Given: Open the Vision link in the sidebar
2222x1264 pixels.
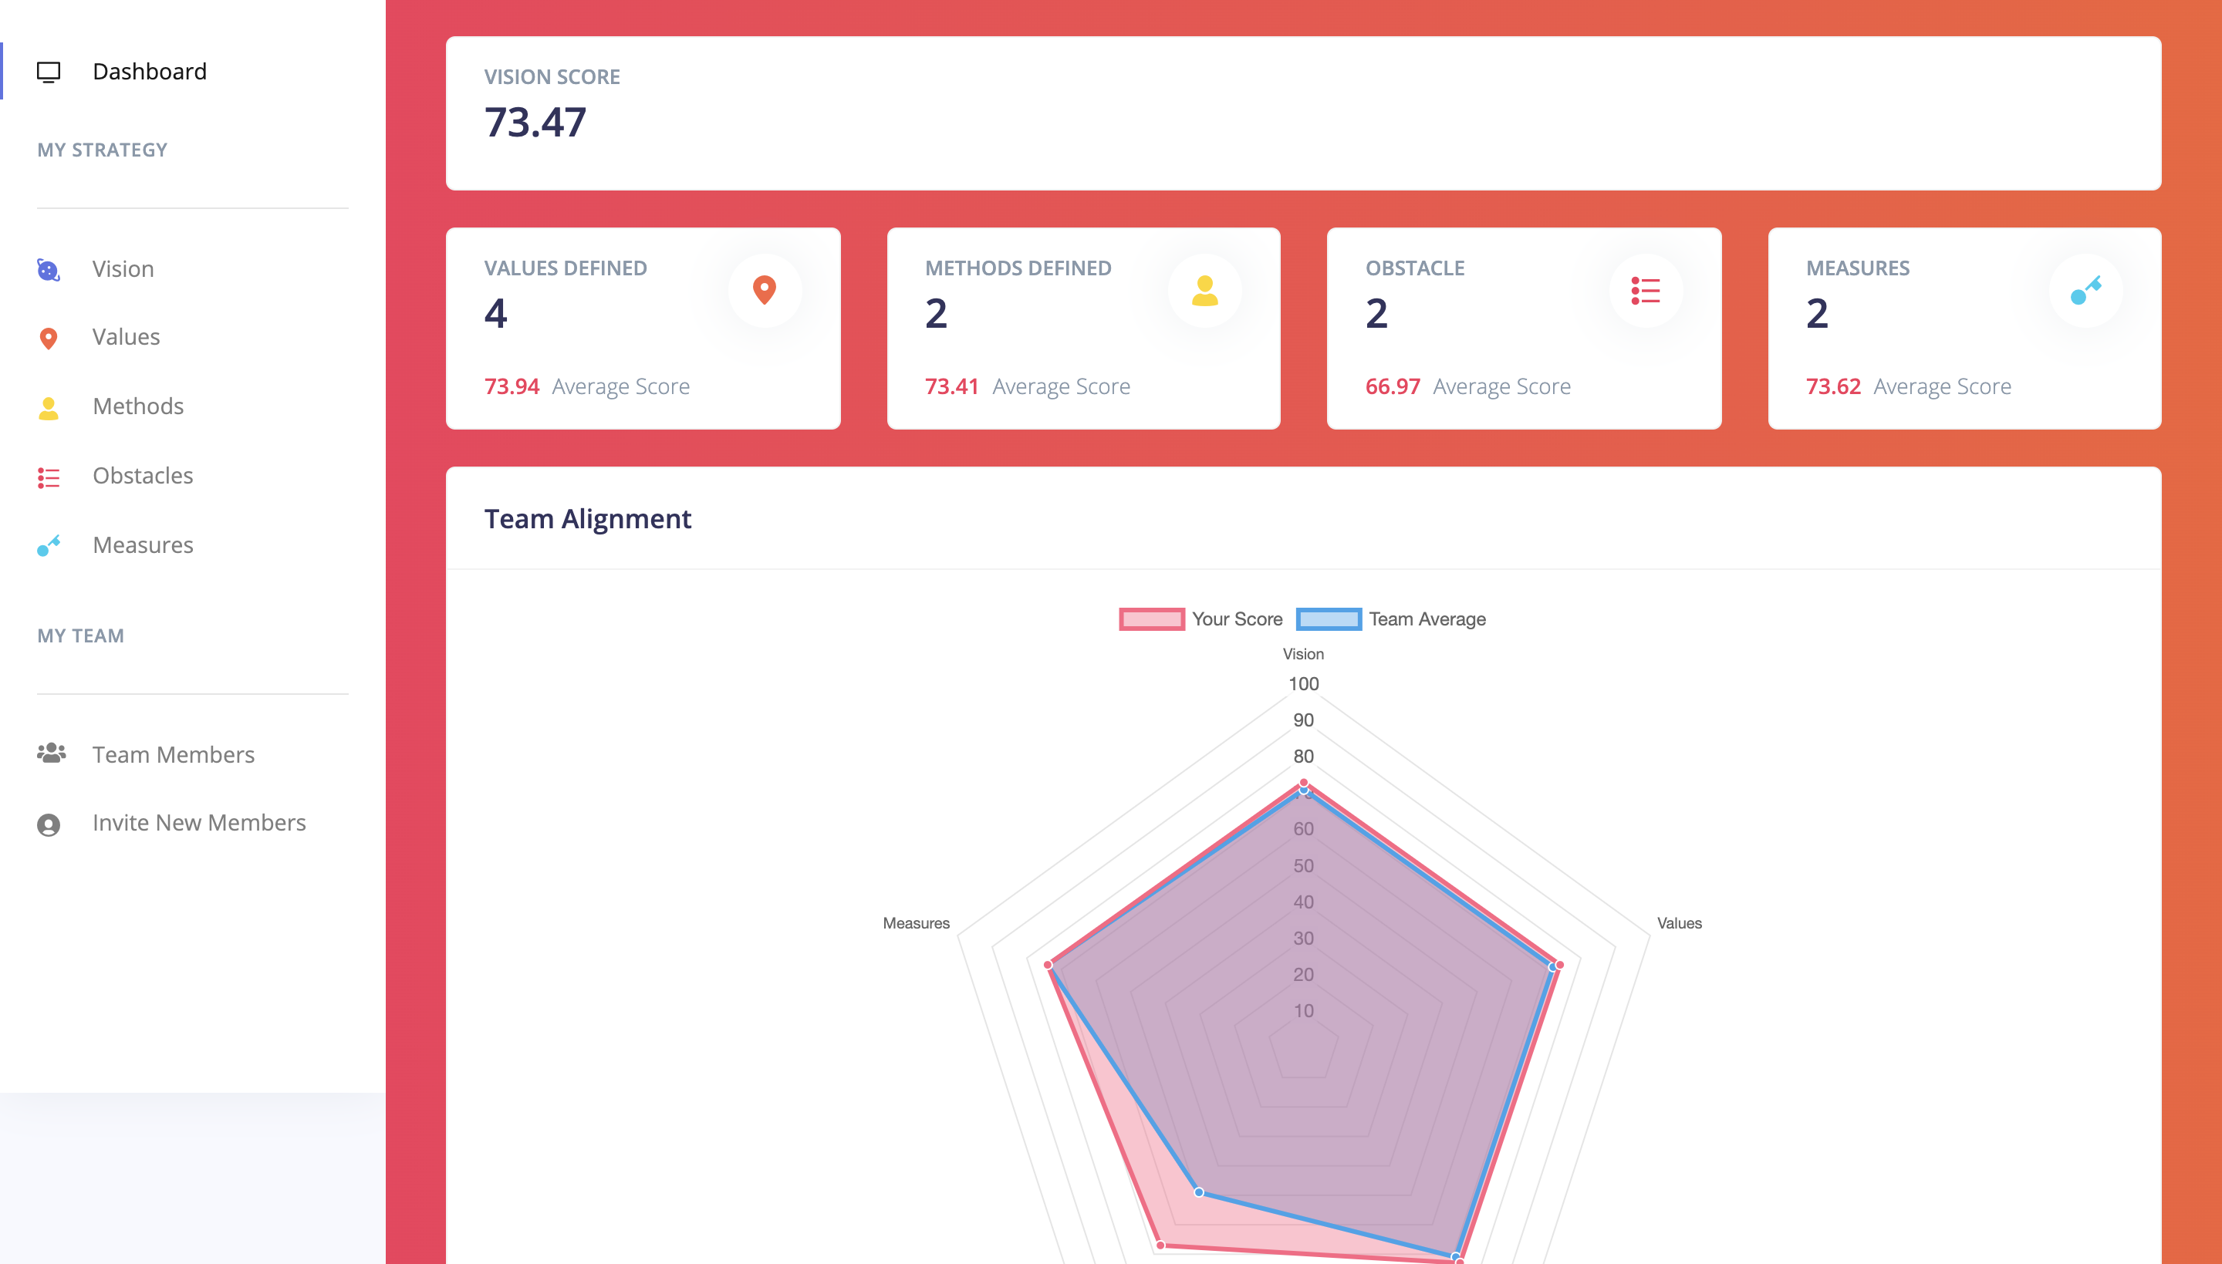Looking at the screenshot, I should [123, 269].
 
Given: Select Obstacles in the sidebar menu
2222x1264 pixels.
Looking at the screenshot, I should [143, 476].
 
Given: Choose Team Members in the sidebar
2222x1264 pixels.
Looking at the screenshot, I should [173, 754].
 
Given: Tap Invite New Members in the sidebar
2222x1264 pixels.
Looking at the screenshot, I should [199, 823].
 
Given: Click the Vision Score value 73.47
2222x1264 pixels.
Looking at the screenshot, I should [535, 122].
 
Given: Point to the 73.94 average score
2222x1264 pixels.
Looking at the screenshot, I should [512, 386].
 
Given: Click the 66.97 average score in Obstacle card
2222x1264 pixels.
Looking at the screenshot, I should [1392, 386].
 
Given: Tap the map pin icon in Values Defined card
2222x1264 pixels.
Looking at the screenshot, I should [764, 290].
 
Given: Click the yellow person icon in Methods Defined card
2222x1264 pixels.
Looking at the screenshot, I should [1204, 290].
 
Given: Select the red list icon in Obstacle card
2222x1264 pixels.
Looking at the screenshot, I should [1645, 290].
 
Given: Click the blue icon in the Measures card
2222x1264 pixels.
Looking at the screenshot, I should [2085, 290].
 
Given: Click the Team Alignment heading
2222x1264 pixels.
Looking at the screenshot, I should [588, 519].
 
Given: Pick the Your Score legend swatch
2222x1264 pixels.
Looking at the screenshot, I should [1151, 619].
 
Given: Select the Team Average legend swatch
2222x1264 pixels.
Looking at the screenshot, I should [1329, 619].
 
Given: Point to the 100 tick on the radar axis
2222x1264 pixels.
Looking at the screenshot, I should [1303, 684].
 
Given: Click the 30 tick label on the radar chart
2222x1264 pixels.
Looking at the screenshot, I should [1303, 939].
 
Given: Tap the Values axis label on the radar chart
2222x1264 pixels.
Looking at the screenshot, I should [1678, 924].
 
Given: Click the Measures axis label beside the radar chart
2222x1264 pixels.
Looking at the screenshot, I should [916, 924].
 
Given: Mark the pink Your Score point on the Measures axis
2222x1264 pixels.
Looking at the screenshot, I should [1048, 965].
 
